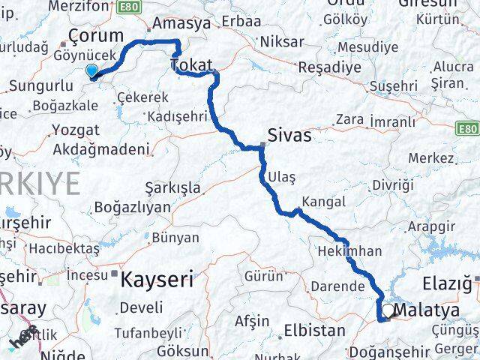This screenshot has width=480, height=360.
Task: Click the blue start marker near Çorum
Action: (91, 71)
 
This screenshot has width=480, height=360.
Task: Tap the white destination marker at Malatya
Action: (388, 310)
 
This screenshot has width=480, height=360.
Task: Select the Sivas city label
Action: (291, 136)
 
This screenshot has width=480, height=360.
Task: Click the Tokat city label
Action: (192, 66)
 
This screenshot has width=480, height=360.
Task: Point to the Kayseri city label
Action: (157, 280)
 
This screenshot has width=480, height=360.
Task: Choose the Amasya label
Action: (181, 23)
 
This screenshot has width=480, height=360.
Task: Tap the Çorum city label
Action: (95, 35)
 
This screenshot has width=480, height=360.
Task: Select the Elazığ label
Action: (446, 283)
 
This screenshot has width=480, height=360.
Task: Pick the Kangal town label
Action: (323, 202)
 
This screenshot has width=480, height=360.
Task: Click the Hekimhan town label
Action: (349, 251)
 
